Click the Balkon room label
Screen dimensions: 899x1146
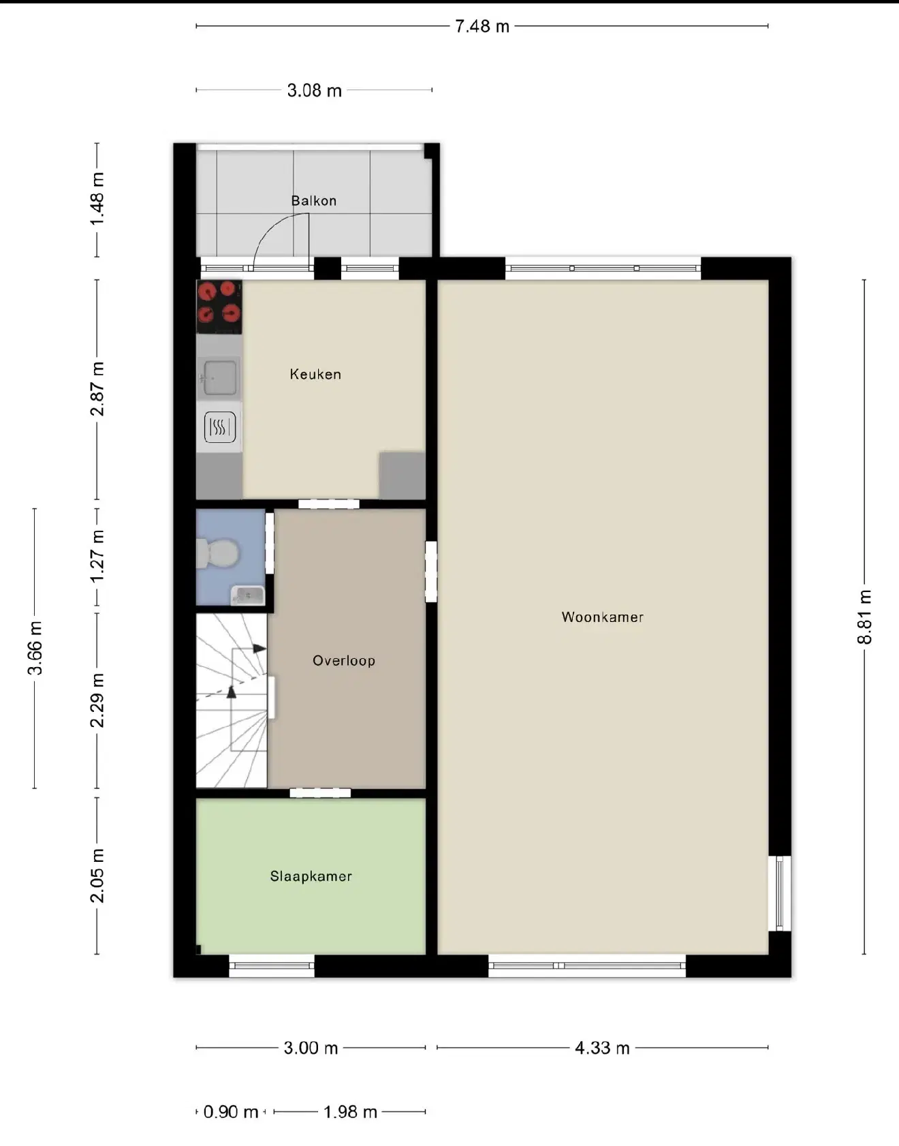click(x=313, y=201)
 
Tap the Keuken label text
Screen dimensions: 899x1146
click(x=315, y=374)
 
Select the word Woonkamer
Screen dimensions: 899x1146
click(x=603, y=617)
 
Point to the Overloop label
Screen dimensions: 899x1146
click(x=344, y=660)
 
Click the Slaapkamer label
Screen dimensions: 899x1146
click(x=311, y=876)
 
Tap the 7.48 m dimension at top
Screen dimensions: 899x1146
click(x=482, y=27)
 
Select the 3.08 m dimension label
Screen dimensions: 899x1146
click(x=314, y=91)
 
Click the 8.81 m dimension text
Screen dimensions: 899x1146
click(x=864, y=617)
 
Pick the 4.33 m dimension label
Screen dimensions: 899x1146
click(x=602, y=1048)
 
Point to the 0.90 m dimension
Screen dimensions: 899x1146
click(x=231, y=1112)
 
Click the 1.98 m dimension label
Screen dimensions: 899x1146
click(x=350, y=1112)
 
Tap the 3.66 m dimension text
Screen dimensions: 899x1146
click(x=35, y=648)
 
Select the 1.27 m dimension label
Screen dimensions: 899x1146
click(x=97, y=557)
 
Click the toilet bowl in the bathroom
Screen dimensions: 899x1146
click(x=217, y=553)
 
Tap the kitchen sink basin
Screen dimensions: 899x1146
click(x=220, y=377)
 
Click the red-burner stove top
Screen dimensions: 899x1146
click(x=219, y=307)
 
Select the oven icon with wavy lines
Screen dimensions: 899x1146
click(x=220, y=427)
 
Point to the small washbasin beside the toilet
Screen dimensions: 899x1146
click(x=248, y=595)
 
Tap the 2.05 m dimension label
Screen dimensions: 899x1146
click(x=97, y=876)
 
